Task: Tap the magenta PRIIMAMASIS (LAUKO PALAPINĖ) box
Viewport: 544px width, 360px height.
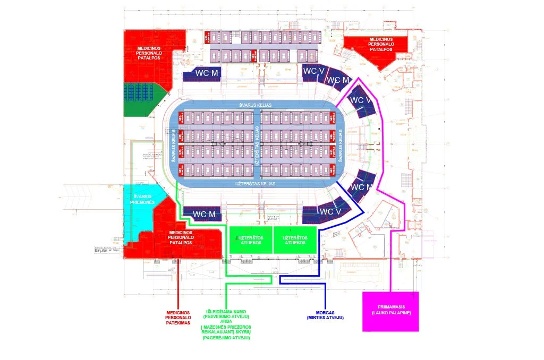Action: [x=390, y=312]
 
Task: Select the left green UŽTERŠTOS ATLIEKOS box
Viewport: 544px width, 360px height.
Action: [x=250, y=240]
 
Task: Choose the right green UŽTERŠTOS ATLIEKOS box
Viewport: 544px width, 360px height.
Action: [x=294, y=240]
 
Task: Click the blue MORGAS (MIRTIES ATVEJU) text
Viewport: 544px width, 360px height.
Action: [x=325, y=314]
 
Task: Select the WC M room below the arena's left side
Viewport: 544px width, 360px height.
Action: [x=204, y=214]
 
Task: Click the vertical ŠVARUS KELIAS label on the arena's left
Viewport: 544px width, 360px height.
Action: [x=173, y=144]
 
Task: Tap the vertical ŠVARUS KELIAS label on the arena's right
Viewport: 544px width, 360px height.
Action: [x=341, y=144]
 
